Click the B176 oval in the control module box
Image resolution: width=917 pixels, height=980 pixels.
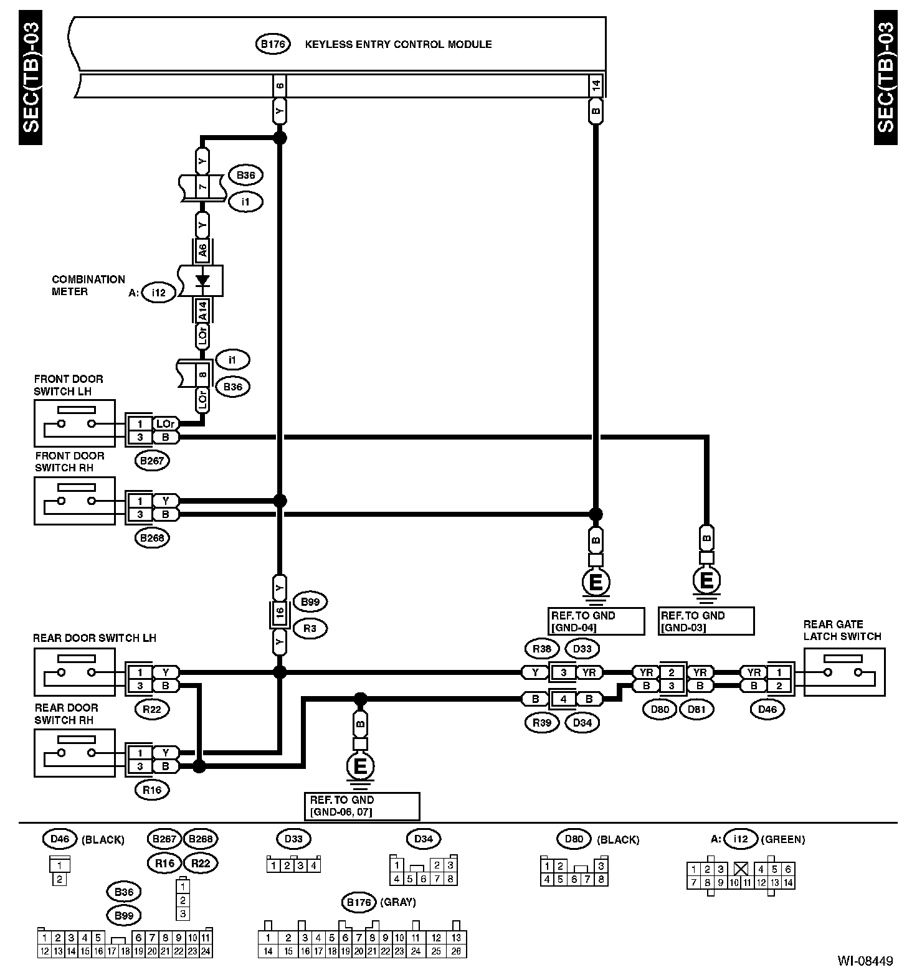[272, 44]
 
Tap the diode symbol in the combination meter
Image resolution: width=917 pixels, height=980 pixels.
[202, 281]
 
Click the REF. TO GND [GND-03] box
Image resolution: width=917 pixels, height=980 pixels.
[706, 621]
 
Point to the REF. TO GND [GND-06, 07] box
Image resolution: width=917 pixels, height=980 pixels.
[361, 806]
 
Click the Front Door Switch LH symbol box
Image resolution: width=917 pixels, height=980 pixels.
[75, 423]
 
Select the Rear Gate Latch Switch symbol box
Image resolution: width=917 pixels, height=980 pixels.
[844, 672]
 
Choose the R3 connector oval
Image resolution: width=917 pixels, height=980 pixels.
[310, 628]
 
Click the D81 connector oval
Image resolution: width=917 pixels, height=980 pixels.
[696, 709]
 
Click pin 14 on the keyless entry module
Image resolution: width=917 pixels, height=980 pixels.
[596, 87]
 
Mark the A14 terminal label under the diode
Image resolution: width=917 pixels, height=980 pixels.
[202, 310]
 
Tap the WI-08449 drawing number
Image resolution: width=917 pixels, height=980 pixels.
[865, 961]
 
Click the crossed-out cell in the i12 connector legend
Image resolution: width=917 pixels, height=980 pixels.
[741, 869]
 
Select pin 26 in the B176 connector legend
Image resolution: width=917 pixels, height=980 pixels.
[457, 951]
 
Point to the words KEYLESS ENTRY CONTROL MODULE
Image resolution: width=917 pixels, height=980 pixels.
[398, 44]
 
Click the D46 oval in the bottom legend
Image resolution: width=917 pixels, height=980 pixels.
[60, 839]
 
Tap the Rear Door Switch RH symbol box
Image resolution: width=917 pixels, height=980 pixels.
[75, 753]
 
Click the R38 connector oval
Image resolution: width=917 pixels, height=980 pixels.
[541, 649]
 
